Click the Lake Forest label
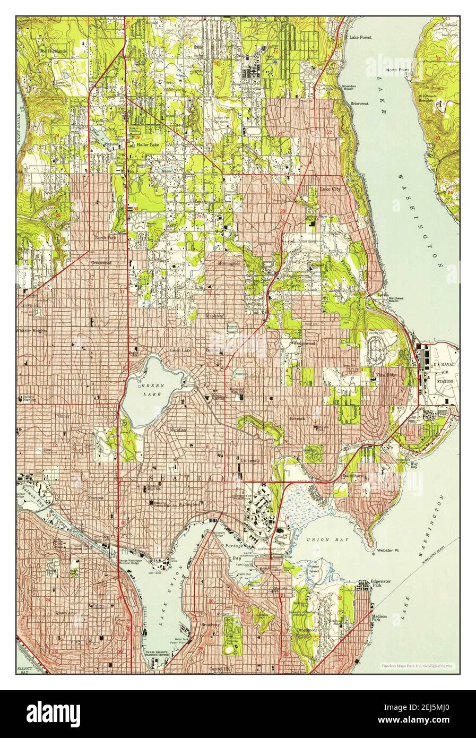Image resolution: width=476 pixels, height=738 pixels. pyautogui.click(x=360, y=38)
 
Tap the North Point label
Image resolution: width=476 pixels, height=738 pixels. pyautogui.click(x=397, y=70)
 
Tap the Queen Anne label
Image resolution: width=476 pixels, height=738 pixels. pyautogui.click(x=64, y=612)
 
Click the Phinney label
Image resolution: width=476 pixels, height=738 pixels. pyautogui.click(x=62, y=416)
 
